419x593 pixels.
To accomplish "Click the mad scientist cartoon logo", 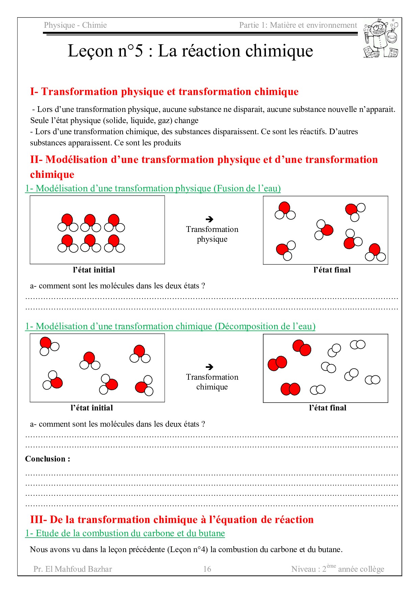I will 381,39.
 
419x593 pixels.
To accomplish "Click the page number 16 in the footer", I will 207,569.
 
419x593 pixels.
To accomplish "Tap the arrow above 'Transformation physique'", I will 209,219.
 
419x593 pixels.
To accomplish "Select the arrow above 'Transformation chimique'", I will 209,367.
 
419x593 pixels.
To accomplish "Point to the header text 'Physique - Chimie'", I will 75,25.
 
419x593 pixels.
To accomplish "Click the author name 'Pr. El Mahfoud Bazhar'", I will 73,569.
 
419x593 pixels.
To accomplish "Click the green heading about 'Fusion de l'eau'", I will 153,188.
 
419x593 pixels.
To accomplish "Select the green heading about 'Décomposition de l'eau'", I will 170,326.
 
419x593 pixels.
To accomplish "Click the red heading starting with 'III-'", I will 172,519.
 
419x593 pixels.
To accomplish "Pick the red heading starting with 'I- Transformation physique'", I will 164,92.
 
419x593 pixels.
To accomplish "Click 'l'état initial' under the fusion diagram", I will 94,270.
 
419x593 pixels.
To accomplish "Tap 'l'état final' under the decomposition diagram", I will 328,408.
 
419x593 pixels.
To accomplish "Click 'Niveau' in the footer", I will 303,569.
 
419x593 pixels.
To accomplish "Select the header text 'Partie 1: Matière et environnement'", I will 298,25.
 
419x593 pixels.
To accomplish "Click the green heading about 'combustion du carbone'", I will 125,533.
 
